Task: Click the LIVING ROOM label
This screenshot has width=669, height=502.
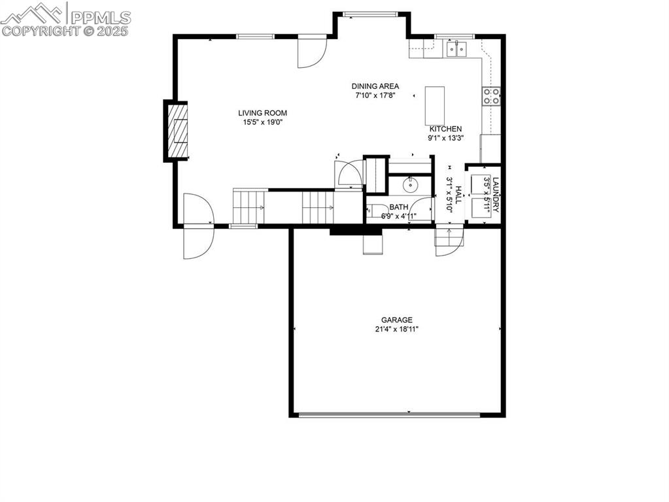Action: pos(262,113)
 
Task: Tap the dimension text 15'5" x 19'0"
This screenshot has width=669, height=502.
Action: pos(262,122)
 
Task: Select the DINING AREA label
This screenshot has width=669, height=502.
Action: pos(375,86)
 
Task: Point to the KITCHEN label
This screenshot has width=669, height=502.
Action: pos(445,129)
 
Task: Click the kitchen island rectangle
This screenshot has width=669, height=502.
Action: pos(435,105)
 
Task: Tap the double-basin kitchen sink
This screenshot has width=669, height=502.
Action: pos(457,47)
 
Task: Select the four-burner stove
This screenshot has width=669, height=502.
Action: pos(492,96)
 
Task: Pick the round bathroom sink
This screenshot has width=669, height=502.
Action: pos(410,185)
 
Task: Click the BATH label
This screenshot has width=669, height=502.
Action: pos(399,207)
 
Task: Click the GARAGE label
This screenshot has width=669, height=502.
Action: pos(397,320)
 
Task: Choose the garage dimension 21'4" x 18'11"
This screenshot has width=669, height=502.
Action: pos(397,329)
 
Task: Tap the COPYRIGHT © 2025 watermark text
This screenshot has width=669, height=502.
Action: pos(65,31)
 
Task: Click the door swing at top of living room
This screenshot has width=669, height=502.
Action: pos(311,52)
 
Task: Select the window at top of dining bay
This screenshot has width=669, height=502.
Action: pos(371,13)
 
